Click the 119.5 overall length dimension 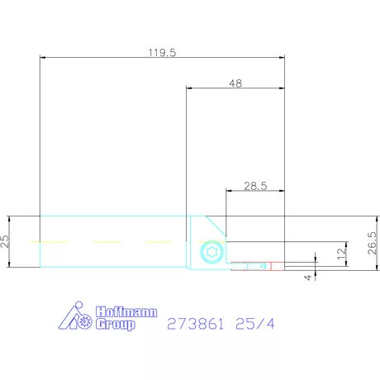(161, 51)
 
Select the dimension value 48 (235, 83)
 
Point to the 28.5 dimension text (254, 187)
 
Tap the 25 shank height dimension (5, 241)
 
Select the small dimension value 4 (308, 277)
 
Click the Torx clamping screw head (209, 253)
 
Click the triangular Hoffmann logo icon (78, 318)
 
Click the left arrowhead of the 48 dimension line (189, 88)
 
